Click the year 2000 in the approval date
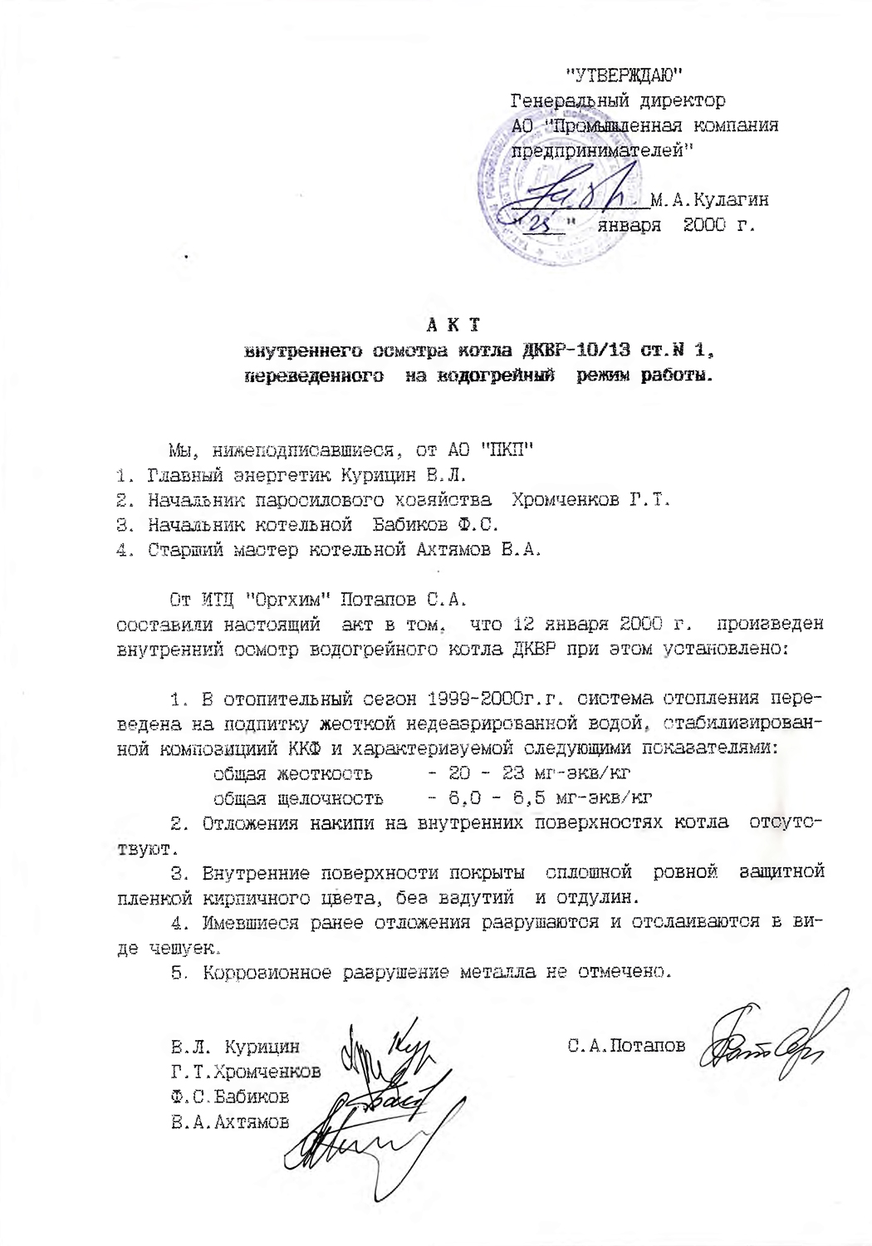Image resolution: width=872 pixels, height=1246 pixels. click(703, 225)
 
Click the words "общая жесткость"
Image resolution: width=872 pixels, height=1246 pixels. click(292, 774)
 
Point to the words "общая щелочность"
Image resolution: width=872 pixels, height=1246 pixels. click(298, 799)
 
